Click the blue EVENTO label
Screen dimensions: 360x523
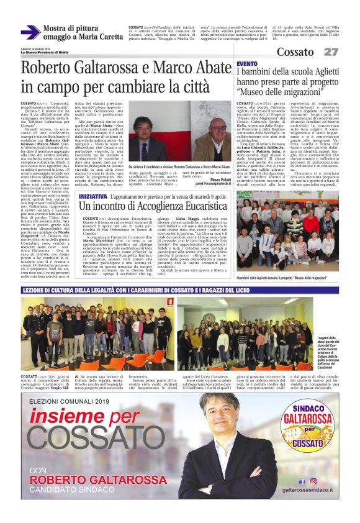click(x=246, y=64)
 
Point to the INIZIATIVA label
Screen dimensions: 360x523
click(x=97, y=178)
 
